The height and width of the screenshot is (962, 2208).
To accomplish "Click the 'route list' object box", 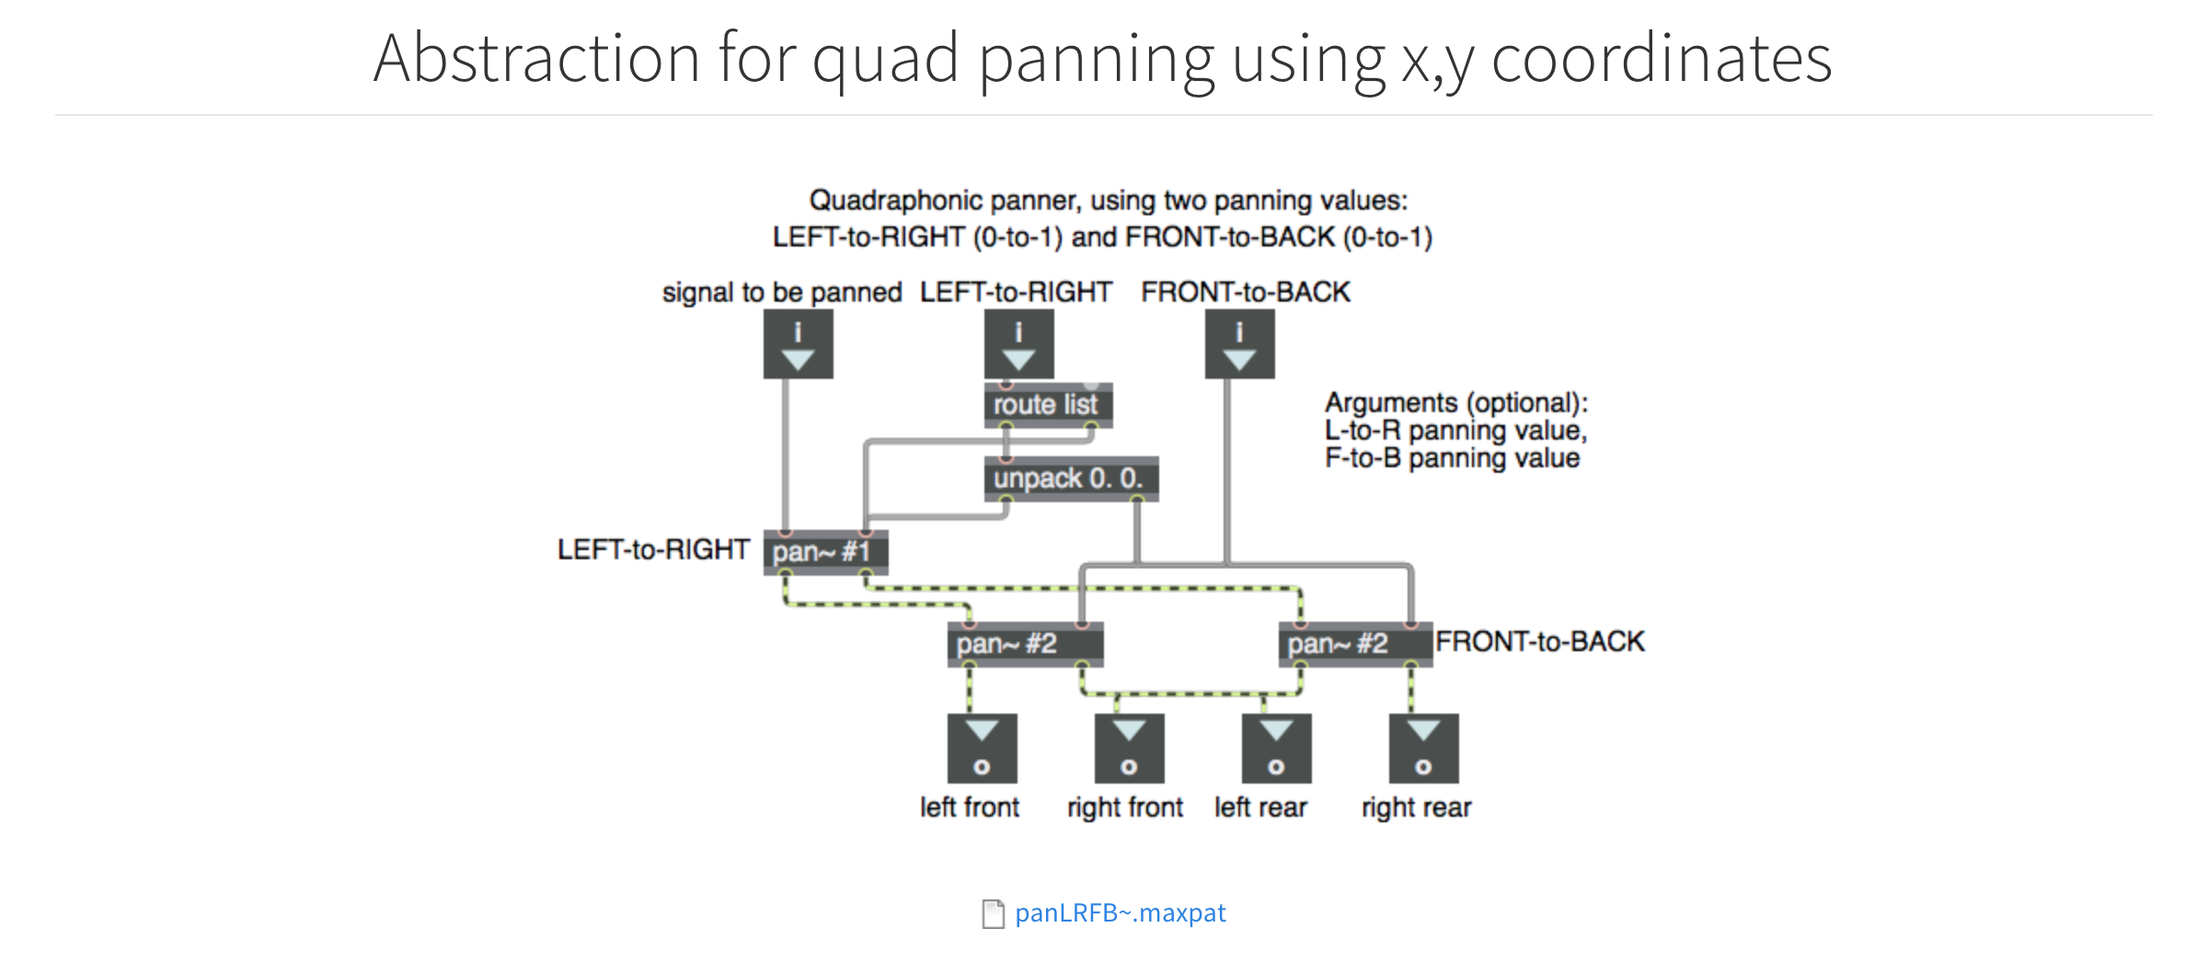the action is (x=1048, y=405).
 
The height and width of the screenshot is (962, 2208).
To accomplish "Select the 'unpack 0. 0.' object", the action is (x=1071, y=478).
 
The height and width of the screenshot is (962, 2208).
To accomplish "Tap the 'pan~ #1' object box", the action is (x=825, y=552).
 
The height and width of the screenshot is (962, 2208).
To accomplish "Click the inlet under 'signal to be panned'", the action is (x=798, y=344).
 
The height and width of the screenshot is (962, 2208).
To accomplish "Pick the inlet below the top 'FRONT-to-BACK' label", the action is (x=1239, y=344).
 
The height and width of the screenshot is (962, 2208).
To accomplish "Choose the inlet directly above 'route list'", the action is (x=1018, y=344).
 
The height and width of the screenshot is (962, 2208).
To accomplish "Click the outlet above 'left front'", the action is (x=982, y=749).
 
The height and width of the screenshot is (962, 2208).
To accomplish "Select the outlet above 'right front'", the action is (x=1129, y=749).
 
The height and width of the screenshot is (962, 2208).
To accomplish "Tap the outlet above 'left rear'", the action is (x=1276, y=749).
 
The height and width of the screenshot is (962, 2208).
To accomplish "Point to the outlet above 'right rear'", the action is (x=1423, y=749).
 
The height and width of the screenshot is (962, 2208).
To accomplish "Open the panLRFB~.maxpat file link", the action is (x=1120, y=912).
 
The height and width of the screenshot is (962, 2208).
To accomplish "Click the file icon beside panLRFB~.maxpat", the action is (x=993, y=914).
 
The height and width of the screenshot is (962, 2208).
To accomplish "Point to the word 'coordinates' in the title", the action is (x=1662, y=58).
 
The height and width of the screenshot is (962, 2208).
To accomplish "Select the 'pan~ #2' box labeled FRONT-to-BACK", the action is (x=1355, y=644).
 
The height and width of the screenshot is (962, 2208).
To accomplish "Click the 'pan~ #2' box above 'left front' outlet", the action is (x=1025, y=644).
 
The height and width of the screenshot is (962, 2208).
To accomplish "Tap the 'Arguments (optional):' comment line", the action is (x=1456, y=403).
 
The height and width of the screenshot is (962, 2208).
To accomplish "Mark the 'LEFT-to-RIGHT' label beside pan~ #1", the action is (x=653, y=550).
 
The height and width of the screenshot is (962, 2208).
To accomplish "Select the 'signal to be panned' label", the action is (x=782, y=292).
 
